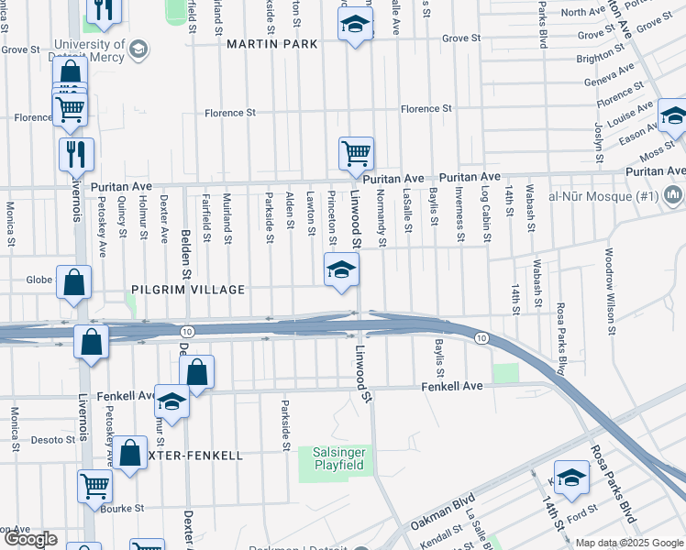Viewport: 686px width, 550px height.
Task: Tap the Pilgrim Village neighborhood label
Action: [x=188, y=290]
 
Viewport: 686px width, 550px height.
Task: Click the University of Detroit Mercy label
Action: [x=89, y=50]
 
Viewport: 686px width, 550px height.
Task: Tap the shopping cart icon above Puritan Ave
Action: [x=356, y=154]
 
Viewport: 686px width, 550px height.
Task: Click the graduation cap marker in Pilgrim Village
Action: [x=340, y=270]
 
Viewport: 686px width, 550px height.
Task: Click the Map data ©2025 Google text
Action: [x=629, y=543]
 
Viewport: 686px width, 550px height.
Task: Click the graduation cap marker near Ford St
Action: [x=571, y=478]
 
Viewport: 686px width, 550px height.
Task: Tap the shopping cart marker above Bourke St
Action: [x=95, y=488]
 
